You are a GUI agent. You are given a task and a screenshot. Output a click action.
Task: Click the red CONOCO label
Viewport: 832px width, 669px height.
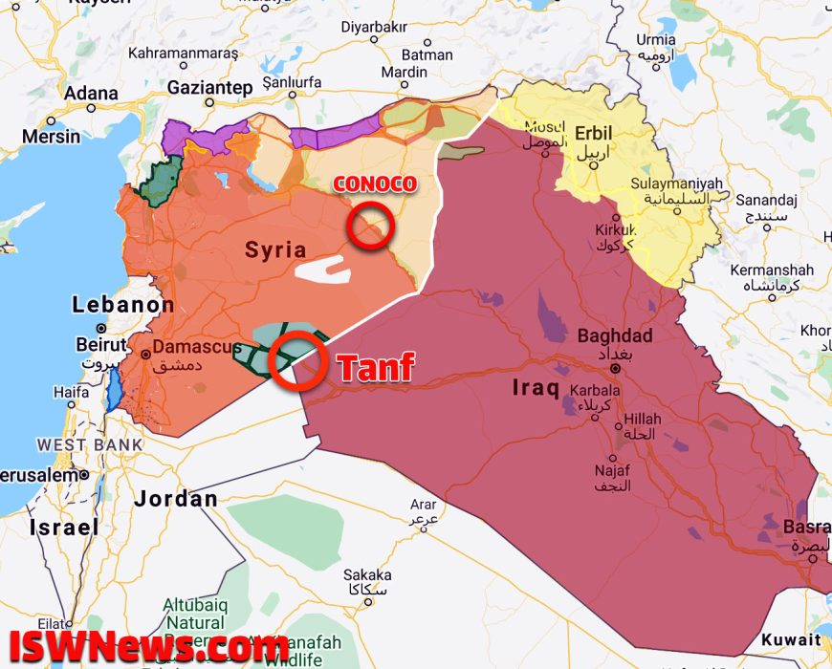tap(374, 184)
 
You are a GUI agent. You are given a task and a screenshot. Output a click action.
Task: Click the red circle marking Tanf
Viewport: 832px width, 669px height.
tap(296, 360)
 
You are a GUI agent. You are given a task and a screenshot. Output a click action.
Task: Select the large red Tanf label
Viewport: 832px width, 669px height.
tap(375, 367)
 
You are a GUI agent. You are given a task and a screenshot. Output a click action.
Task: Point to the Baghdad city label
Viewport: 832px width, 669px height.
tap(615, 336)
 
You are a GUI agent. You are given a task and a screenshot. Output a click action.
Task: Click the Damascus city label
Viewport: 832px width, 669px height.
tap(197, 347)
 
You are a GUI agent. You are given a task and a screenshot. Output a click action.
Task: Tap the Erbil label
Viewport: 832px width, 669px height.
tap(593, 132)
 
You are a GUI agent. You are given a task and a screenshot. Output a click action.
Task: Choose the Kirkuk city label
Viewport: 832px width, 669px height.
tap(614, 230)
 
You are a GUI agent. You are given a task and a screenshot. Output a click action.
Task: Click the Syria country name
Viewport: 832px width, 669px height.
tap(275, 250)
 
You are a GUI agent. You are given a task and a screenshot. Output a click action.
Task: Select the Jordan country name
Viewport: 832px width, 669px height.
tap(176, 499)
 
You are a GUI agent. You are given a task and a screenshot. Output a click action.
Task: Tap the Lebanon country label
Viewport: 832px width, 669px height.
tap(123, 306)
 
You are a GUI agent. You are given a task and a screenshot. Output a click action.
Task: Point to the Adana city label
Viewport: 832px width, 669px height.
tap(92, 94)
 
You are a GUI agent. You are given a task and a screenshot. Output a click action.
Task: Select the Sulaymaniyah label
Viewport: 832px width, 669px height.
tap(677, 183)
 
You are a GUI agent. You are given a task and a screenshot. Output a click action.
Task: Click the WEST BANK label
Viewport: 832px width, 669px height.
tap(90, 444)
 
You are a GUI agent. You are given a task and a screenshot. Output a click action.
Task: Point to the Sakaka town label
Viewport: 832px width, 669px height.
tap(367, 574)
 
